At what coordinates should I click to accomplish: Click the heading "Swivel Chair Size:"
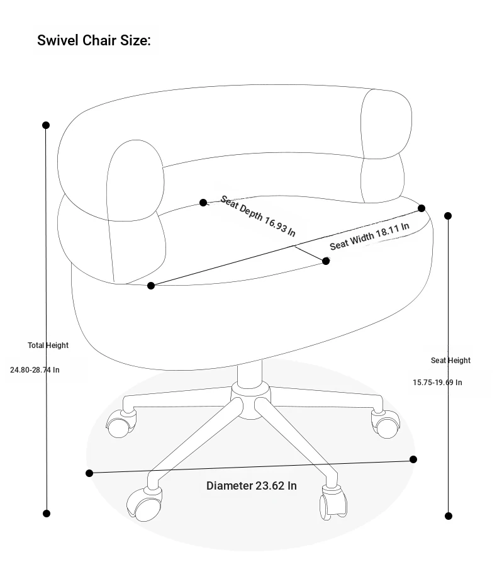(x=94, y=40)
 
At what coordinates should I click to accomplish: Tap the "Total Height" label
(x=48, y=345)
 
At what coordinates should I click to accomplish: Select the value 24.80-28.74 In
(x=35, y=369)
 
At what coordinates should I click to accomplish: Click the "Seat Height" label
(x=450, y=360)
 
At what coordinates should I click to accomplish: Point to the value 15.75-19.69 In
(x=437, y=382)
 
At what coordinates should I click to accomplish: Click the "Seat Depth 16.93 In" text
(x=258, y=216)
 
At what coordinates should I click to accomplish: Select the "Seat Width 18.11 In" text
(x=369, y=236)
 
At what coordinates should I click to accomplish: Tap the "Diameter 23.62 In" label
(x=251, y=486)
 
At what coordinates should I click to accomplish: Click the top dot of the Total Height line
(x=46, y=125)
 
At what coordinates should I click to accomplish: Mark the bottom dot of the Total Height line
(x=47, y=514)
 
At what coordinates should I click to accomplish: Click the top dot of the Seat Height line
(x=448, y=216)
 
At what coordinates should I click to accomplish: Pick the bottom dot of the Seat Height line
(x=449, y=516)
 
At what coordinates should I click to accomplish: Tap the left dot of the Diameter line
(x=89, y=473)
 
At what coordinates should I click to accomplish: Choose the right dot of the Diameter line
(x=413, y=459)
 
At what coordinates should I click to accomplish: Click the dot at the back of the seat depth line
(x=203, y=203)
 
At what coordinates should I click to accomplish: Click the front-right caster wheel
(x=333, y=502)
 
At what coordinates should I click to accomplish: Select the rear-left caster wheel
(x=121, y=424)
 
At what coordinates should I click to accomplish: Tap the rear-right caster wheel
(x=386, y=424)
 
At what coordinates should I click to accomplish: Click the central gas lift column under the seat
(x=250, y=373)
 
